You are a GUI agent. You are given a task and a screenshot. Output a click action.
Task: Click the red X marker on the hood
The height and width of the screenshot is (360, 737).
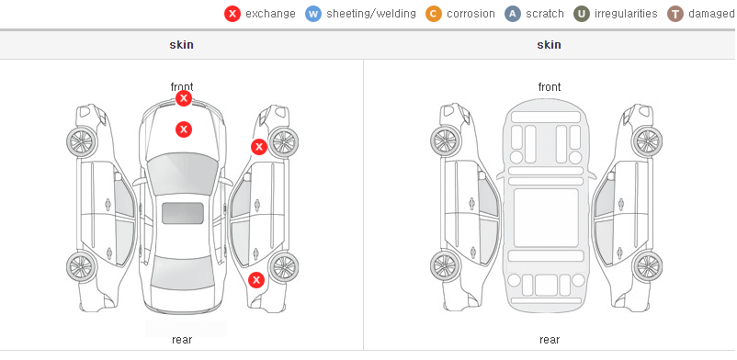184,129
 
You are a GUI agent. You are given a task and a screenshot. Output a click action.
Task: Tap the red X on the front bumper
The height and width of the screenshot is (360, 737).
184,98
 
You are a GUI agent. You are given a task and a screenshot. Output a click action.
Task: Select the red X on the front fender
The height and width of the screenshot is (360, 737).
259,147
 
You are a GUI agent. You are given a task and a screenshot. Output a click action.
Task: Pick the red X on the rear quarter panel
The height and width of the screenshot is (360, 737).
256,281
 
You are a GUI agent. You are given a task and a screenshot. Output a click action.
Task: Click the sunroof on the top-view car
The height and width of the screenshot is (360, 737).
183,213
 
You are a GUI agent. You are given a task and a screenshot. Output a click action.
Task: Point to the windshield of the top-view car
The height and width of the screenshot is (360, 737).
182,174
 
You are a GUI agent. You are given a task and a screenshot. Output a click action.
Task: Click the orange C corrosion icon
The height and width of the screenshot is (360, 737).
434,14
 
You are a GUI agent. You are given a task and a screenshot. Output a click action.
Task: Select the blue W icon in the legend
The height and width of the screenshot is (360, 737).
313,14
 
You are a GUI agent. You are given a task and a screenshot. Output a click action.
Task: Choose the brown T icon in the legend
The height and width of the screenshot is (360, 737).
675,14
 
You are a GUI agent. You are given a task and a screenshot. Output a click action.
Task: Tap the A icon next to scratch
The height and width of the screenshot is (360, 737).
513,14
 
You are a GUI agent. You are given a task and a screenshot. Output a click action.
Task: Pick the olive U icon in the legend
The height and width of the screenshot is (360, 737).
582,14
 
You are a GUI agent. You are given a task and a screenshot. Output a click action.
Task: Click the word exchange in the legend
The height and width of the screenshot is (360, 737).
270,14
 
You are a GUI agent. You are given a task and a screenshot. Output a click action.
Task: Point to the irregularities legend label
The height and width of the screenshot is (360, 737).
626,14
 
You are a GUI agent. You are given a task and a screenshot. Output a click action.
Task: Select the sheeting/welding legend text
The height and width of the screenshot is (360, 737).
371,14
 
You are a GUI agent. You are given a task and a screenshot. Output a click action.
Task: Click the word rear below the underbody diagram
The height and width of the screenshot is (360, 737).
550,340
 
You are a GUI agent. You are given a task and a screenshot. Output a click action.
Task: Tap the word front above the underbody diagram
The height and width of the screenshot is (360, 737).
550,87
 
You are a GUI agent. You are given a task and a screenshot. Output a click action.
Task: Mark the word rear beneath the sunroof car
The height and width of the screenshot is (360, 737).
182,340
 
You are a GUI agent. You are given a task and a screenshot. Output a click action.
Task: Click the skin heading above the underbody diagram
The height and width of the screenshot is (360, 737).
549,45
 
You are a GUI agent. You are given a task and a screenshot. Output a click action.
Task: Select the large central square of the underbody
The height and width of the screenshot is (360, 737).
546,218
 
